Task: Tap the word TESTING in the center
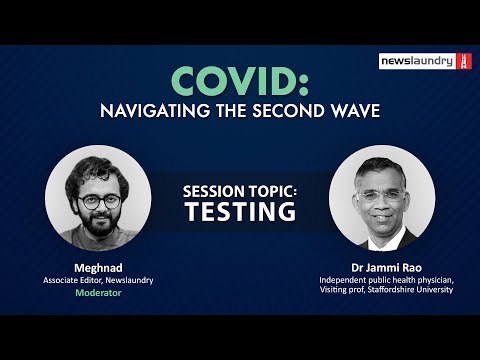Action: click(x=240, y=211)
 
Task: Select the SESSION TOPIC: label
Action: click(x=240, y=189)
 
